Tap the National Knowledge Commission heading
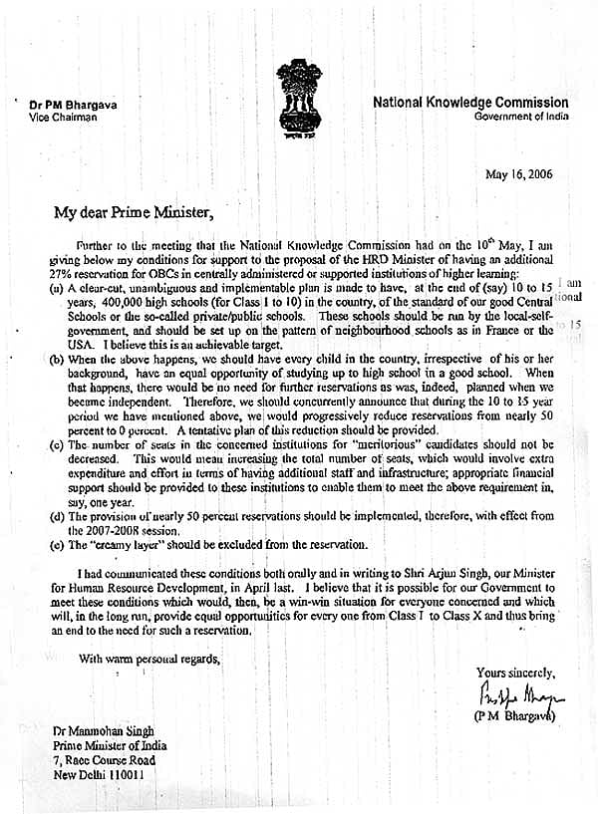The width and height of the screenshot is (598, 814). (x=470, y=103)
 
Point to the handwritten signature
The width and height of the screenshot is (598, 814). (x=521, y=692)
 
